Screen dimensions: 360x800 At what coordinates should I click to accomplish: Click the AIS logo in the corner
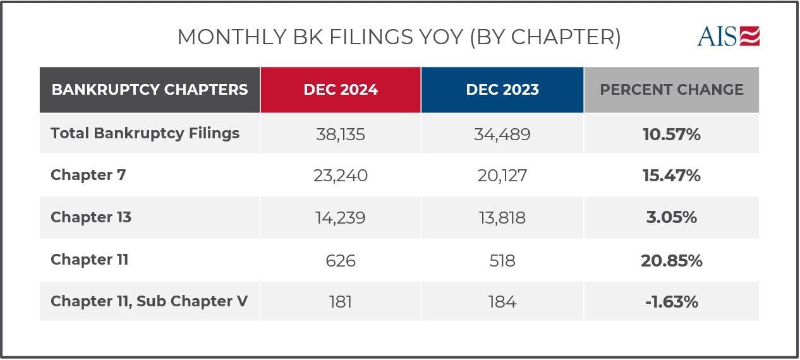(x=728, y=36)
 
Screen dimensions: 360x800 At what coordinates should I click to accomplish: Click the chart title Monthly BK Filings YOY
(x=398, y=37)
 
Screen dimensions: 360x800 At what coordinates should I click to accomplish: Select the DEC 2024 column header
(x=341, y=90)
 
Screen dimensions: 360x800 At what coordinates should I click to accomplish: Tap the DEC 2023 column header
(x=502, y=90)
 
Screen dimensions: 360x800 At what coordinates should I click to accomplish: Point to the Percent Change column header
(x=671, y=90)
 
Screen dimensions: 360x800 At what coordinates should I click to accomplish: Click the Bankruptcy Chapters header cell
(x=150, y=90)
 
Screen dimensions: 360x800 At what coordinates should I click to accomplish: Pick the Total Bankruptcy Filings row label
(x=145, y=133)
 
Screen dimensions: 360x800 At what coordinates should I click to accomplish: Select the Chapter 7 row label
(x=88, y=175)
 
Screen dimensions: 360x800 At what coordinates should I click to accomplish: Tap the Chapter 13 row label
(x=91, y=217)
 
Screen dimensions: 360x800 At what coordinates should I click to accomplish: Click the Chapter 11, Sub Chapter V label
(x=149, y=301)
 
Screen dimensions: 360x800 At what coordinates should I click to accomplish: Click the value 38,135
(x=341, y=134)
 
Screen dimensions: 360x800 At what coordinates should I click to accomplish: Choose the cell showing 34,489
(x=502, y=134)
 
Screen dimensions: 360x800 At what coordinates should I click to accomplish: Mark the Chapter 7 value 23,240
(x=341, y=176)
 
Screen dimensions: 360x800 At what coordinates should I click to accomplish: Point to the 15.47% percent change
(x=671, y=176)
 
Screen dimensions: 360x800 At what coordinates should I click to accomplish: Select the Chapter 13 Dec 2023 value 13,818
(x=502, y=218)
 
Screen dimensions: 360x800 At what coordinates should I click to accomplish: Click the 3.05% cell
(x=671, y=218)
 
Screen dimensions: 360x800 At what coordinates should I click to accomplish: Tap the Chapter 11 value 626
(x=341, y=260)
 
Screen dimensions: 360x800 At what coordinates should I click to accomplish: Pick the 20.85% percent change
(x=671, y=260)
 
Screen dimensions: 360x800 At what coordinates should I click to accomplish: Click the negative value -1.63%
(x=671, y=302)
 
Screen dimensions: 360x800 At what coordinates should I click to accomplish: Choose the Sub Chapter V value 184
(x=502, y=302)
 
